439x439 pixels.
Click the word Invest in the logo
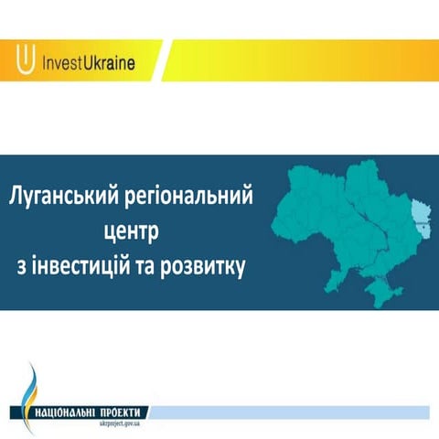65,65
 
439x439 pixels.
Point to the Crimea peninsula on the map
374,291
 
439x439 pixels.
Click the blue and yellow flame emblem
30,384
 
